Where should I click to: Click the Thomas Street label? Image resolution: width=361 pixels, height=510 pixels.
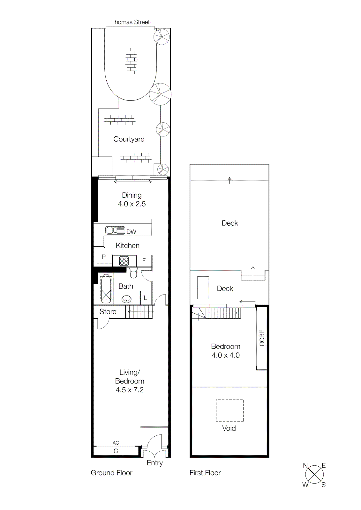(130, 22)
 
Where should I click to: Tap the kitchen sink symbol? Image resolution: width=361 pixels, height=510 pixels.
(115, 230)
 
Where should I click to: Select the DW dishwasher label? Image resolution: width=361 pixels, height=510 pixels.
(131, 232)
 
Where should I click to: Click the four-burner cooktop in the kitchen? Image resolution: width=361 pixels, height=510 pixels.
(124, 261)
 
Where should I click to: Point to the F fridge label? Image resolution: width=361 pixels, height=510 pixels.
(144, 260)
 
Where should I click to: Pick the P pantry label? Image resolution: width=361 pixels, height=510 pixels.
(103, 257)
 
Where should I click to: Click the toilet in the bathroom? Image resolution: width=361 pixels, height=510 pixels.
(133, 273)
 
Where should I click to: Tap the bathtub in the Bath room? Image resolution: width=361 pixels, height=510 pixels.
(106, 288)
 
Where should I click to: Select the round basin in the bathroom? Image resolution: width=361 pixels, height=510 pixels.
(127, 299)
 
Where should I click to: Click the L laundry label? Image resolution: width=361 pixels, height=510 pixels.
(146, 298)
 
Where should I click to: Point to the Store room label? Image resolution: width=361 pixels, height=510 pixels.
(108, 312)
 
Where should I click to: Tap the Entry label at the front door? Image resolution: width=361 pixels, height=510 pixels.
(155, 463)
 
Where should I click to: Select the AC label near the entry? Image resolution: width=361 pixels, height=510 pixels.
(116, 443)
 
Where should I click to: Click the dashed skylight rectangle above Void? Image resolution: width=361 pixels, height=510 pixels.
(230, 411)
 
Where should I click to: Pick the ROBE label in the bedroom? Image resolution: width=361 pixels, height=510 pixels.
(262, 338)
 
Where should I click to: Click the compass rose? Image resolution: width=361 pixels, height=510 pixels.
(314, 475)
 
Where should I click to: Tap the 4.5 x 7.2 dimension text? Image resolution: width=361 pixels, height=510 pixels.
(130, 390)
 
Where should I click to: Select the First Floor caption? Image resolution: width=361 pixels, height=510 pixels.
(205, 473)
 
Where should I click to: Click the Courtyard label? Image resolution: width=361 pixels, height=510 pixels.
(129, 139)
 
